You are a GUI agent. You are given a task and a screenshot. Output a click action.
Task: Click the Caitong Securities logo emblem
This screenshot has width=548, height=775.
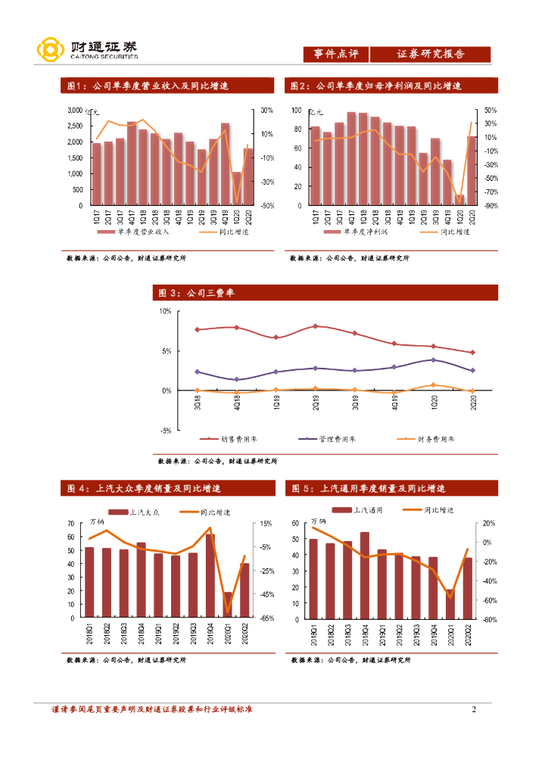tap(50, 51)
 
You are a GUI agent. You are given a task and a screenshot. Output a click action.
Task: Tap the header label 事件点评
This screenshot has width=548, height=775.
tap(335, 54)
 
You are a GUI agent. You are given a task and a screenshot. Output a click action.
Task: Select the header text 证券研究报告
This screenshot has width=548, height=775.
tap(430, 54)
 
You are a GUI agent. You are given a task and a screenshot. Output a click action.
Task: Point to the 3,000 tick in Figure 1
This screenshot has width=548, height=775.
tap(74, 110)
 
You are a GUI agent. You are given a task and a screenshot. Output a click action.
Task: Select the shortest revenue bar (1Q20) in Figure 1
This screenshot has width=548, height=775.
tap(236, 188)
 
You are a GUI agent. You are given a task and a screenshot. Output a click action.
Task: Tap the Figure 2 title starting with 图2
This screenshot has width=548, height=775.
tap(376, 86)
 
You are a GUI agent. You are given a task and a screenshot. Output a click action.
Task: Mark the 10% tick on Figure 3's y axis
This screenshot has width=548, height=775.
tap(164, 312)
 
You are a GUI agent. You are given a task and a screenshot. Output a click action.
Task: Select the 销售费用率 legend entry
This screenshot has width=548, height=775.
tap(235, 439)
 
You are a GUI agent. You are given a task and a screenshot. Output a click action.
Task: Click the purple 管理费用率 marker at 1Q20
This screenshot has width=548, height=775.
tap(433, 359)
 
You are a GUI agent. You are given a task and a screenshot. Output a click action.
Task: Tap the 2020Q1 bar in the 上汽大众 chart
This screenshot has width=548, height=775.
tap(227, 605)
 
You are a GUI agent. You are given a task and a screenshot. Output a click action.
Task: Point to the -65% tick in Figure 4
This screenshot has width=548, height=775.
tap(266, 618)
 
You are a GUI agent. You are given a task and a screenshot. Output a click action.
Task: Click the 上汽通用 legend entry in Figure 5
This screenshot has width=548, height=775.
tap(366, 511)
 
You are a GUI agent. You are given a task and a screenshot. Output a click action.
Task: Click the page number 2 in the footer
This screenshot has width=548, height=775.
tap(474, 709)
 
